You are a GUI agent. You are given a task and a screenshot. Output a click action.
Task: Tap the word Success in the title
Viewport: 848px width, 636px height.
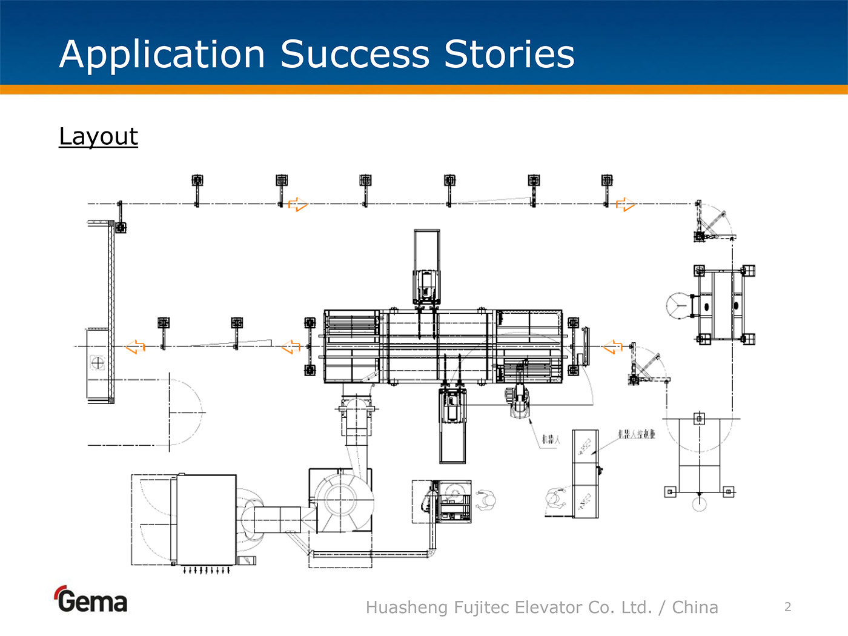354,55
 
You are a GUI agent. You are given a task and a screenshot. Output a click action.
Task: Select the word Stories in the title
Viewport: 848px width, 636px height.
509,55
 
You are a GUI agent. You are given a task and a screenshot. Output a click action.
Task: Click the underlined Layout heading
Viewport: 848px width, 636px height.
98,136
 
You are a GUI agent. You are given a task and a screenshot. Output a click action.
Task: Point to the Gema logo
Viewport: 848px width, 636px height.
91,600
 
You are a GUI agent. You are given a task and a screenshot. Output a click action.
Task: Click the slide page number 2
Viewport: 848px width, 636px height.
787,607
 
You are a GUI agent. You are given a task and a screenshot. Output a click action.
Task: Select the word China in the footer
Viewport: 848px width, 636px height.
695,607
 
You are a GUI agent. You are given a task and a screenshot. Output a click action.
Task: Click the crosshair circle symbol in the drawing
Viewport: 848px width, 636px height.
97,363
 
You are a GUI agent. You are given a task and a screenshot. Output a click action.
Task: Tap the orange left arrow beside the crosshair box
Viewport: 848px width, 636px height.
135,346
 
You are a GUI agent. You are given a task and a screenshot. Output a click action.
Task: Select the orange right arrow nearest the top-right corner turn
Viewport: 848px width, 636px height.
626,204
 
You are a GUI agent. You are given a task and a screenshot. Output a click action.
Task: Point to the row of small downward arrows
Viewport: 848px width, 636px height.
207,570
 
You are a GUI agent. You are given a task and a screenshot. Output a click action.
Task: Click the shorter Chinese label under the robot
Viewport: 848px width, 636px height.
551,439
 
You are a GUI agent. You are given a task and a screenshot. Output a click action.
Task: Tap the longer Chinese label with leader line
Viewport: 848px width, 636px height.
636,434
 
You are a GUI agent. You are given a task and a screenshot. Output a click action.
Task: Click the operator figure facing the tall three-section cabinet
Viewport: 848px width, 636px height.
554,499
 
